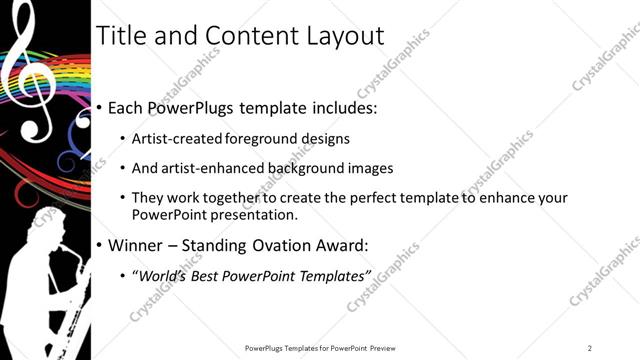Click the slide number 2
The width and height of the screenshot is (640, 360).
pos(590,348)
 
